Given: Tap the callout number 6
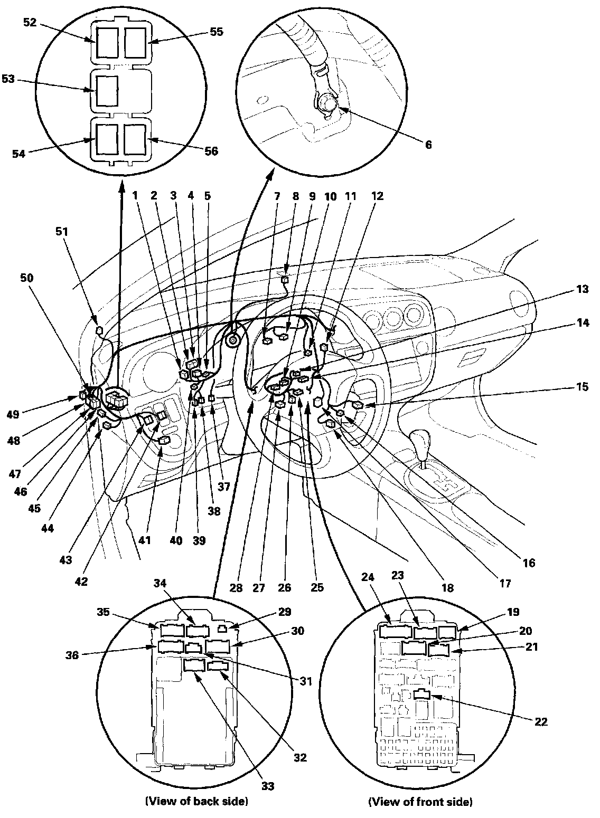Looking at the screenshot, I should (x=428, y=145).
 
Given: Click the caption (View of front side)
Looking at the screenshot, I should (x=420, y=802).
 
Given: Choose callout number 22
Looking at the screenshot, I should (x=540, y=721).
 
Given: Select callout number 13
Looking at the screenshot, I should (x=582, y=289).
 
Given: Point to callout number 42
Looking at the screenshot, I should (x=81, y=582).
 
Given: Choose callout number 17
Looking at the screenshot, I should (x=505, y=584).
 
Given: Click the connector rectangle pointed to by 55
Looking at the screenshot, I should (x=134, y=42).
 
